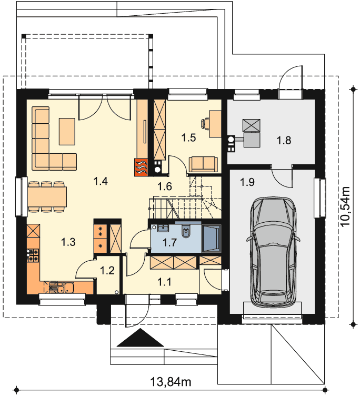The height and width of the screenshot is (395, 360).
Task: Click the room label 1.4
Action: click(101, 181)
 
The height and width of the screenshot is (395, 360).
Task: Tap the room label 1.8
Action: click(284, 140)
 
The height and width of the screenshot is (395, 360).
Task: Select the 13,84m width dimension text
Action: click(171, 382)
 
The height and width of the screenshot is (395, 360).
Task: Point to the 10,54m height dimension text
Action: click(345, 206)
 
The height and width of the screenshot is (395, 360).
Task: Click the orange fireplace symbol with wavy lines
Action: click(142, 166)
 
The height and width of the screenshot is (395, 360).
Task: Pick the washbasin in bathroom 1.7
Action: click(163, 228)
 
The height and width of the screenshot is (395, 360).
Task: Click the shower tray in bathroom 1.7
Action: click(211, 238)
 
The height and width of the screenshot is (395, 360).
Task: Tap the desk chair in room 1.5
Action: click(205, 123)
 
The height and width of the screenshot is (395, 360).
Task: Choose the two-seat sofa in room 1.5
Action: click(203, 164)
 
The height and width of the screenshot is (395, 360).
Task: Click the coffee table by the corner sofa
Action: click(67, 132)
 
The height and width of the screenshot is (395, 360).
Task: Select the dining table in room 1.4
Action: click(47, 196)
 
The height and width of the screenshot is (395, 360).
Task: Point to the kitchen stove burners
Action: click(33, 255)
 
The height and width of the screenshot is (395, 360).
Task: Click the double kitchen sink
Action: click(65, 288)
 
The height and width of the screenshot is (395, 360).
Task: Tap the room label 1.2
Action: click(107, 271)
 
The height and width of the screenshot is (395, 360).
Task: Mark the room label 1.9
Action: click(247, 182)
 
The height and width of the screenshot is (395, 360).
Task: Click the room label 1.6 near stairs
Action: click(165, 186)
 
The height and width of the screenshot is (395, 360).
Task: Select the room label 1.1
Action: click(164, 282)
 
